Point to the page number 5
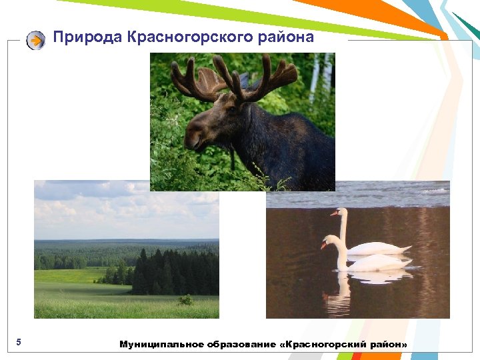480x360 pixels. tap(19, 343)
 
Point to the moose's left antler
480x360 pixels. tap(193, 79)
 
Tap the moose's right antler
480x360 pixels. tap(267, 77)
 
